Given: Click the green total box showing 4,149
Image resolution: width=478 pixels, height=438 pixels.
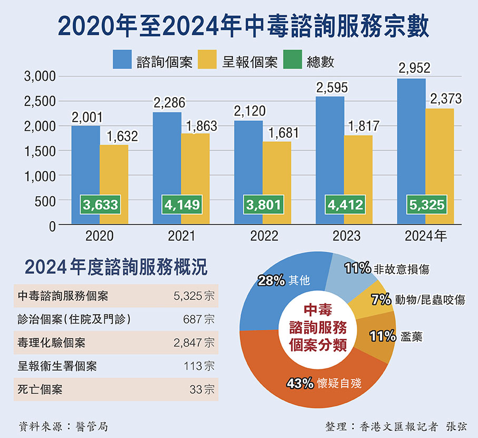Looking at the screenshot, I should point(181,204).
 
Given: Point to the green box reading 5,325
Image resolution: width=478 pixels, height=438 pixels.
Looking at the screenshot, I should point(426,204).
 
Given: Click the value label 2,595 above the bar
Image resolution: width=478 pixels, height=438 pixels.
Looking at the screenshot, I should point(330,88).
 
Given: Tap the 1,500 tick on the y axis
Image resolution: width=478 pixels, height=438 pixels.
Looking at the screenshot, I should point(41,151).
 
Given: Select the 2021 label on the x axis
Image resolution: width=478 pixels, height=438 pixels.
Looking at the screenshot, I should point(181,236).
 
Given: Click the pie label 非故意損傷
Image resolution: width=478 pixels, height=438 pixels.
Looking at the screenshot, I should point(402,269).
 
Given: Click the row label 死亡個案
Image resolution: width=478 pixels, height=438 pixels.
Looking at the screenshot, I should point(40,391).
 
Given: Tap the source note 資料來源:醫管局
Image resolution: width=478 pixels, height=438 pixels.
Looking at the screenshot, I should point(63,425).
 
